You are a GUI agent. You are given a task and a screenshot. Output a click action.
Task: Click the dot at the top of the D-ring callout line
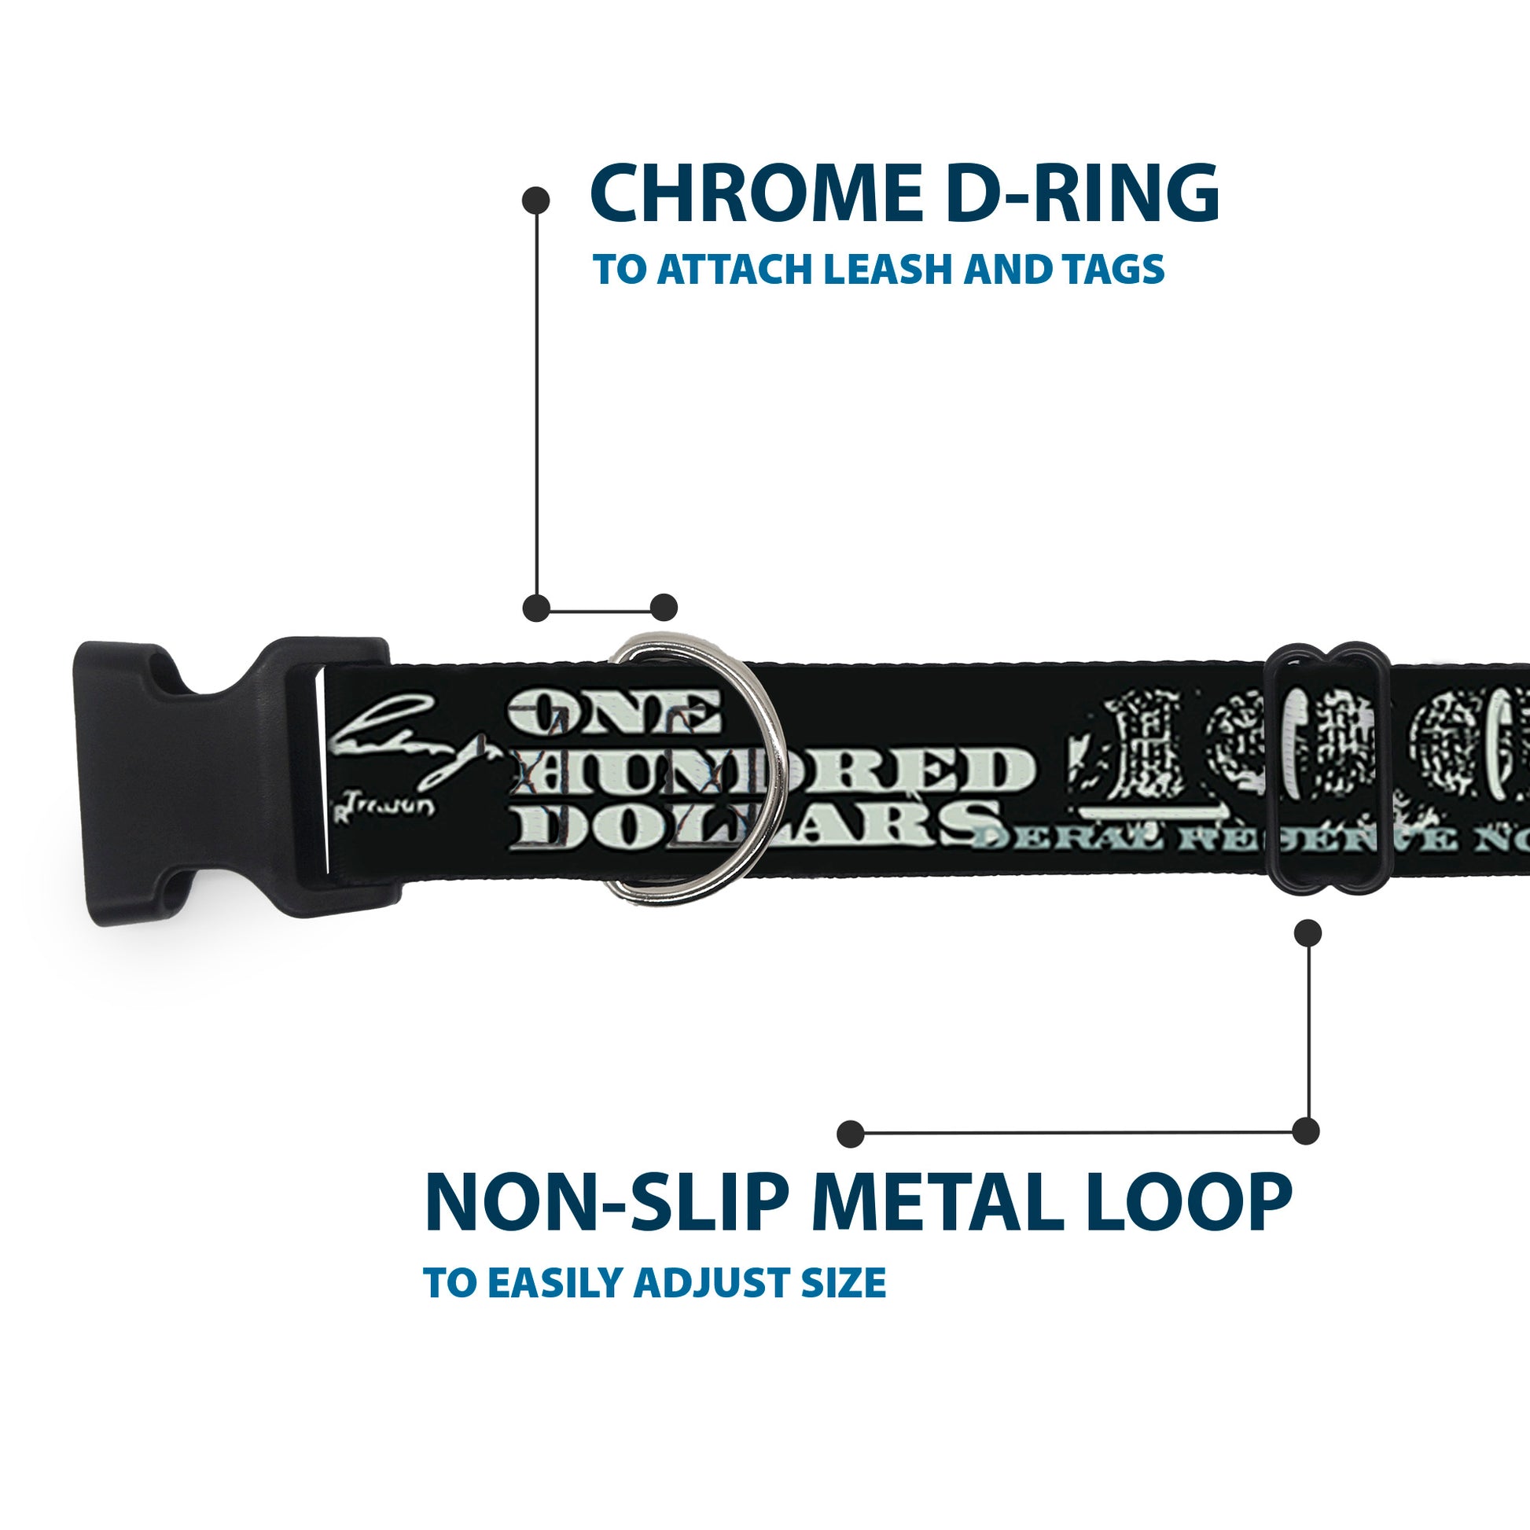[536, 201]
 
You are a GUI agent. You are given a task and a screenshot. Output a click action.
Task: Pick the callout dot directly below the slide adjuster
[1307, 933]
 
